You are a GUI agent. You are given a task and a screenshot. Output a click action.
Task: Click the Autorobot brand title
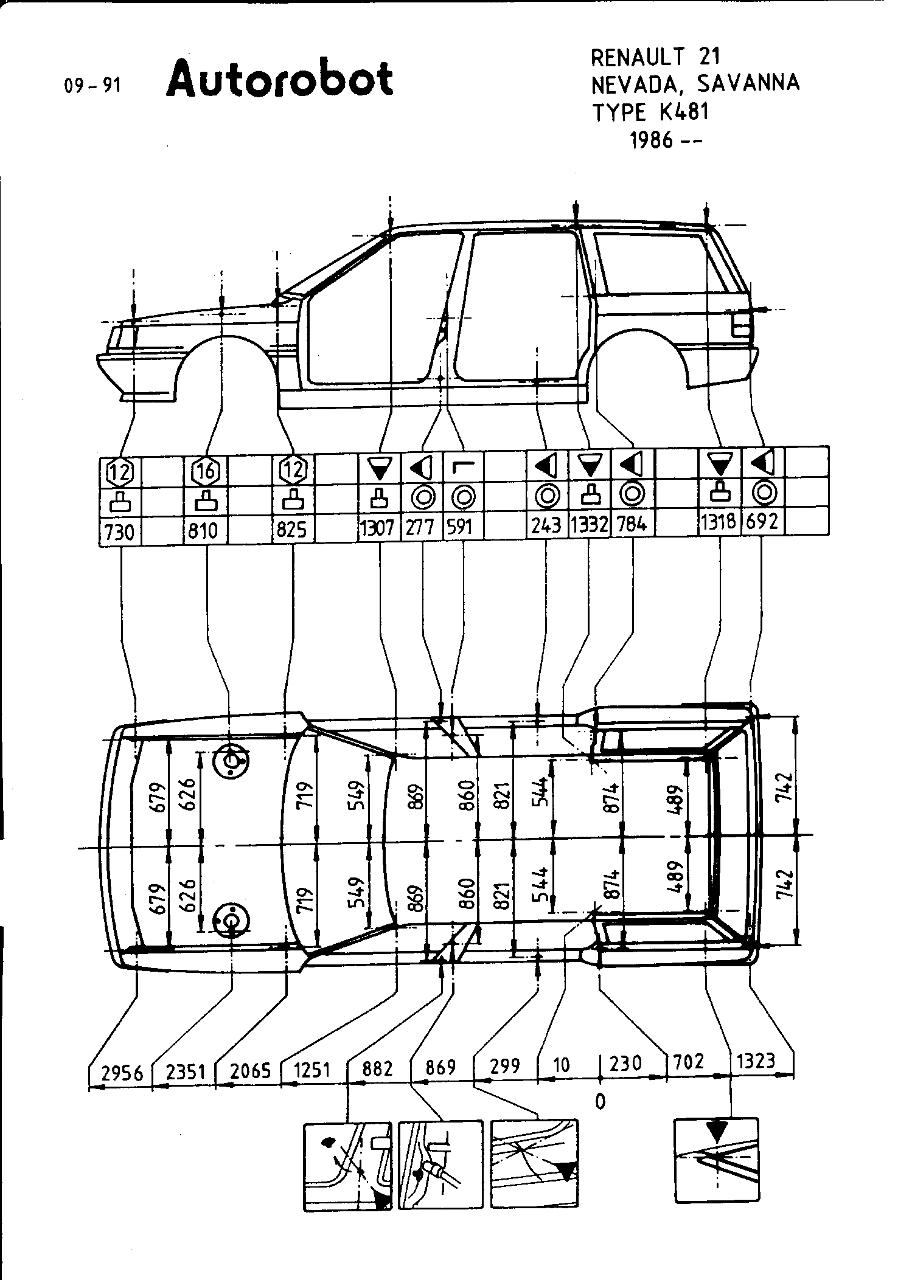[279, 78]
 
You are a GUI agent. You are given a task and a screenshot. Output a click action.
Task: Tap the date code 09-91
[92, 86]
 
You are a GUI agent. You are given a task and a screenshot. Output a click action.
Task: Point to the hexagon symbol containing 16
[206, 470]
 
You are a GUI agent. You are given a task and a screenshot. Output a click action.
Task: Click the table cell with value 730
[119, 531]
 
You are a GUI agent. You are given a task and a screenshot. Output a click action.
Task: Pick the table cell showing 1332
[589, 524]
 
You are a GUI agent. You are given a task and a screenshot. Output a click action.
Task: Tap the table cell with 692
[762, 522]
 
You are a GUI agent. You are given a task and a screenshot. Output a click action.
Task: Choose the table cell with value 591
[461, 526]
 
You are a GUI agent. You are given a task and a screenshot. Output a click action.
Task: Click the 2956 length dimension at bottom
[122, 1071]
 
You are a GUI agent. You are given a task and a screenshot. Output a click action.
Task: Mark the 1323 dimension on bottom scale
[756, 1060]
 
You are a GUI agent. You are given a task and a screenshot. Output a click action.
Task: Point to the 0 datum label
[600, 1101]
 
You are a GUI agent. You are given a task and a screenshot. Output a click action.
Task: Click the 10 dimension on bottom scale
[562, 1065]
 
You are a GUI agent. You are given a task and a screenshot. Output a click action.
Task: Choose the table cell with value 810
[203, 531]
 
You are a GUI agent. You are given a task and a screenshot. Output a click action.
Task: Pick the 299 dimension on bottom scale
[504, 1065]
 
